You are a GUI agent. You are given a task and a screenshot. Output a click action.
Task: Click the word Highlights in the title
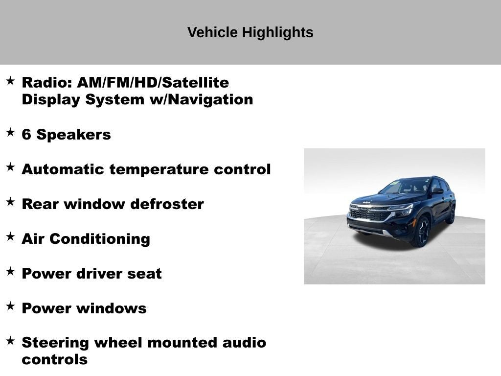[x=277, y=33]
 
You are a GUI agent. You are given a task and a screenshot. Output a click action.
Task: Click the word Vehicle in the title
[x=212, y=32]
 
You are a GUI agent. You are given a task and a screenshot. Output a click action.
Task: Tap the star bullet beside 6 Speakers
[x=11, y=132]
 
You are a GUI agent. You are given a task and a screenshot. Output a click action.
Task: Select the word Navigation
[x=210, y=99]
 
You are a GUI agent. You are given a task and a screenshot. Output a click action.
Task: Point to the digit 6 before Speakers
[x=26, y=134]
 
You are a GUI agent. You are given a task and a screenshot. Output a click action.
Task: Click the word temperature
[x=159, y=169]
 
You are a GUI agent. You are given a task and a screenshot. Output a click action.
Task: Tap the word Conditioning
[x=100, y=239]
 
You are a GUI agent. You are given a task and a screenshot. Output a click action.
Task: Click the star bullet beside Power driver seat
[x=11, y=271]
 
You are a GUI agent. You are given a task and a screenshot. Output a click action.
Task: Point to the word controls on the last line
[x=55, y=360]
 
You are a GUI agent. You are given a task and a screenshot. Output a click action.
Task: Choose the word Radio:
[x=47, y=82]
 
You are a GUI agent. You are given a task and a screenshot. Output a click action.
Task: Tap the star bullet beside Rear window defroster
[x=11, y=202]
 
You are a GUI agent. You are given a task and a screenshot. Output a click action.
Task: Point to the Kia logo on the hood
[x=366, y=202]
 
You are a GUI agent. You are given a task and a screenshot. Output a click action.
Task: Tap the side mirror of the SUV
[x=437, y=191]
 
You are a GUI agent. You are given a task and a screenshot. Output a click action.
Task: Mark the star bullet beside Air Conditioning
[x=11, y=236]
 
